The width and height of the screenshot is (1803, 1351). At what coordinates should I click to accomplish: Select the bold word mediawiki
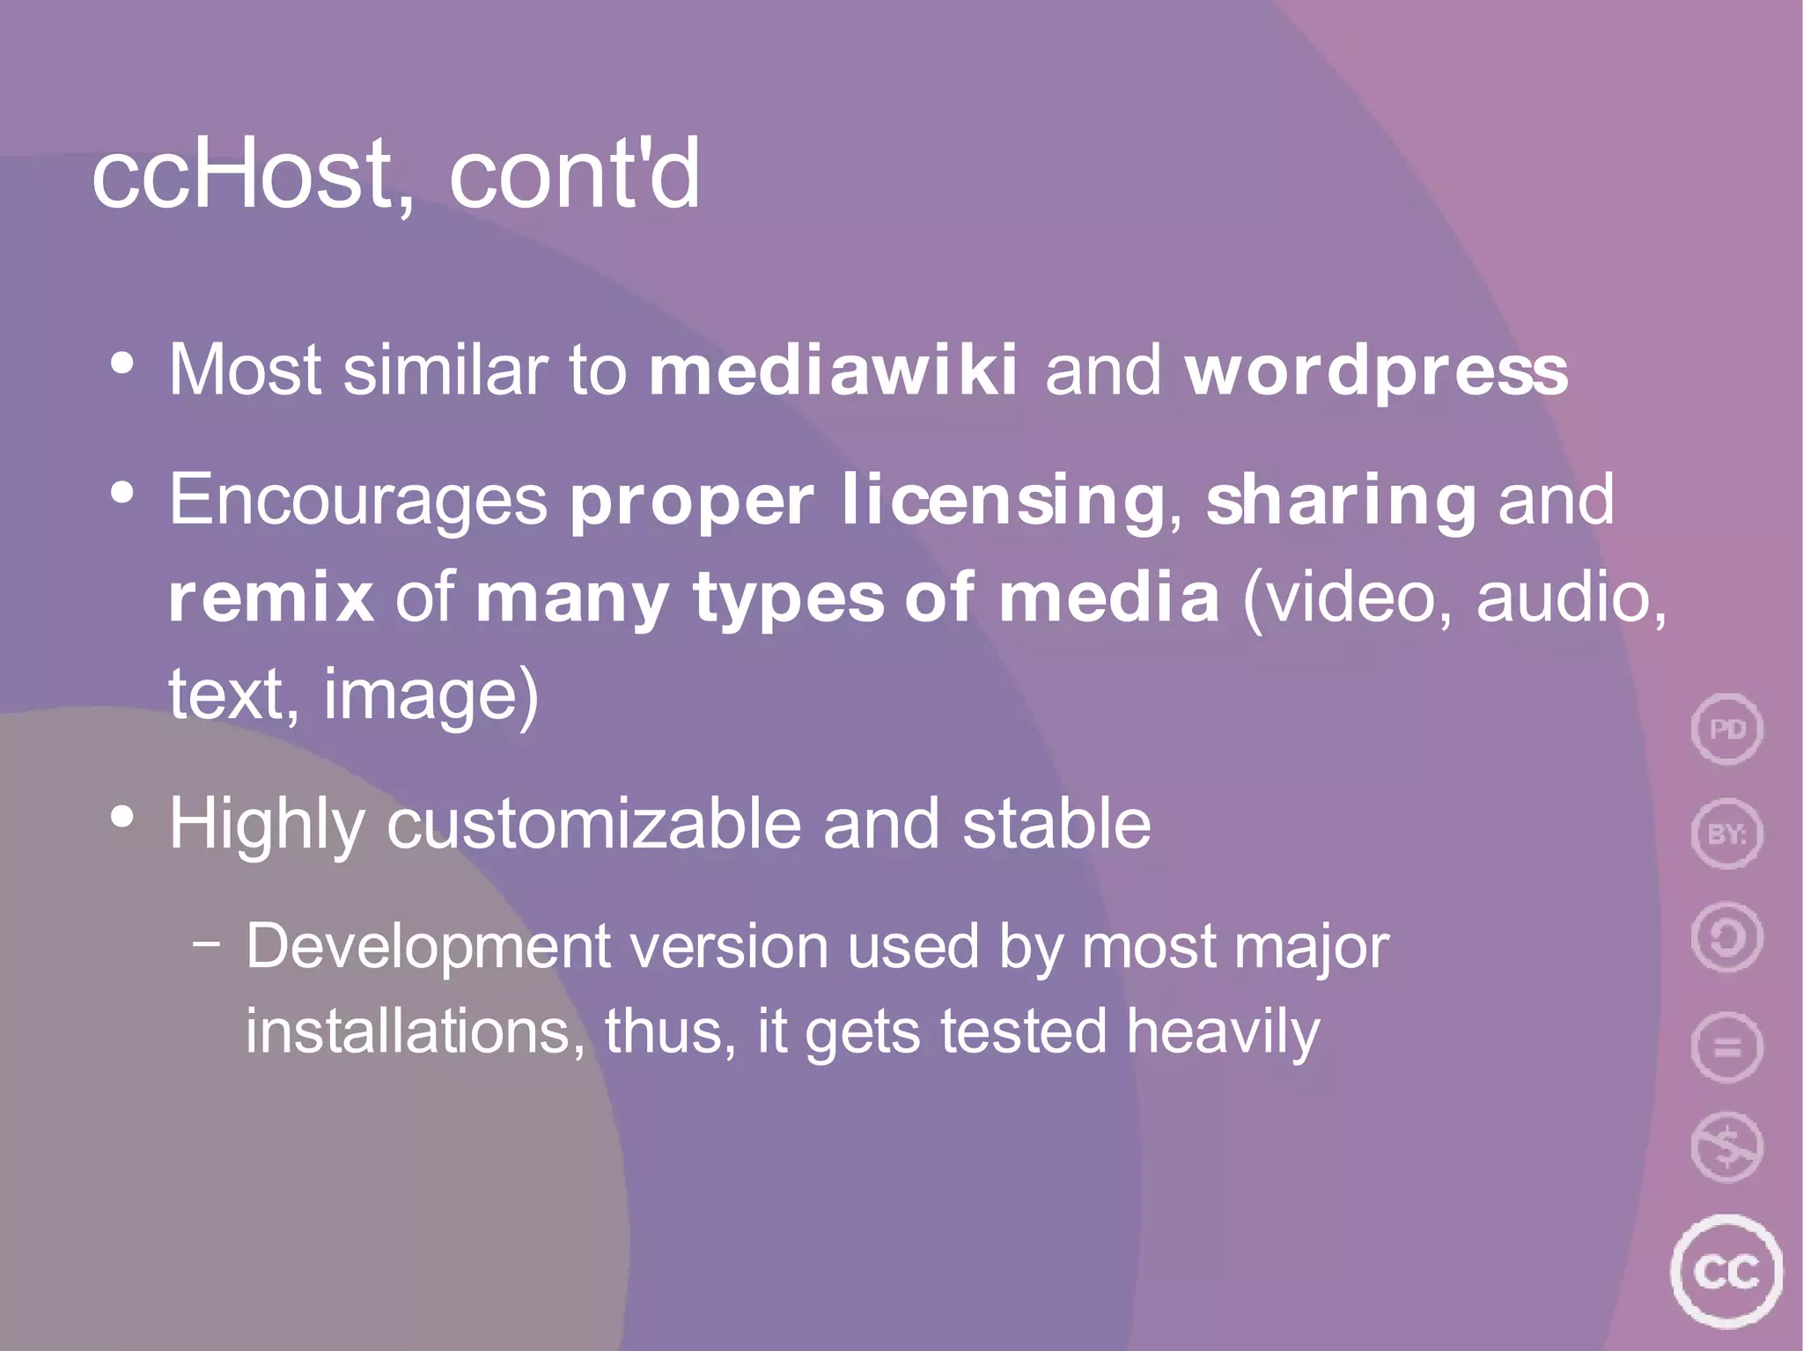point(833,370)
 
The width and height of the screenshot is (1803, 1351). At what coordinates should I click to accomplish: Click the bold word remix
point(271,598)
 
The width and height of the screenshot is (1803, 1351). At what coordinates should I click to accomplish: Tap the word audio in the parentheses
point(1571,598)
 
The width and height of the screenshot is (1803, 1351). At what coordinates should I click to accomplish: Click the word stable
point(1056,825)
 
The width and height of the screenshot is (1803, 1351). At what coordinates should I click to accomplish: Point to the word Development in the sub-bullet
point(428,947)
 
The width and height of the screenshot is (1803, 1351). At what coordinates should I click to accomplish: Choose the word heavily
point(1223,1032)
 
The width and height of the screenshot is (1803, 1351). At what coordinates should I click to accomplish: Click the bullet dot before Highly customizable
point(122,818)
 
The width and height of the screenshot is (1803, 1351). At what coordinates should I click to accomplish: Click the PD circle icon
point(1726,730)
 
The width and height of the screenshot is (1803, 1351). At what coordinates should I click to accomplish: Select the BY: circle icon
point(1726,833)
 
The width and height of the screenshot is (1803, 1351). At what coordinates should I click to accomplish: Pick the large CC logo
point(1726,1271)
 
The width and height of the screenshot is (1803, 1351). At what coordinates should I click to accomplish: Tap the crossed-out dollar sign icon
point(1726,1148)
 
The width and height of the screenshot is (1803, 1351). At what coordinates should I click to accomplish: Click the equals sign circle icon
point(1726,1047)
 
